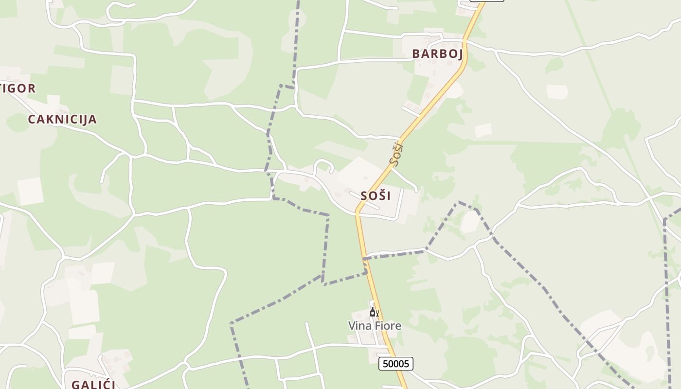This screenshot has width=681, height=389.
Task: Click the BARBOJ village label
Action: point(437,53)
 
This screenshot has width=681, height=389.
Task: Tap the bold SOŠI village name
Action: point(376,196)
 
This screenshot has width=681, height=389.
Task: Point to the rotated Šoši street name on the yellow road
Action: point(396,153)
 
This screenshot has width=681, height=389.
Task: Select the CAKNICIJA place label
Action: point(62,119)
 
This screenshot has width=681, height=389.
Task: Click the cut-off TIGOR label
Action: point(18,88)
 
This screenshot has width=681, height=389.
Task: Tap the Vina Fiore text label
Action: point(375,326)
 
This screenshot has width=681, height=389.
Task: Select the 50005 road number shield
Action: point(396,364)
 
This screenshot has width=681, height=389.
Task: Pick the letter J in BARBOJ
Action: point(459,53)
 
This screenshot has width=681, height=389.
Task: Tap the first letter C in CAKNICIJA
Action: point(32,119)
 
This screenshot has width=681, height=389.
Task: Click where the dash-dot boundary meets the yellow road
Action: point(365,258)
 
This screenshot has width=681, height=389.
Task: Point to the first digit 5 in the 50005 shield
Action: point(385,364)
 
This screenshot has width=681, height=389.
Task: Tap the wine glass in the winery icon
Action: point(377,313)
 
